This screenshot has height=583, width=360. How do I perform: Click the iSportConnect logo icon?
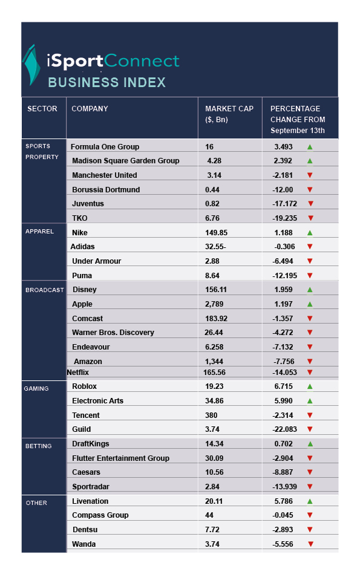click(31, 65)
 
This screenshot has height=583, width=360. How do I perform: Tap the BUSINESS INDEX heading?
click(107, 82)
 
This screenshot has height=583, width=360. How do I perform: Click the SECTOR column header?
click(42, 109)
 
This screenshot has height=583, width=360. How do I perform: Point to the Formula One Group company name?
click(105, 147)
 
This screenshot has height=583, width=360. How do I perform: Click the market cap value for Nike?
click(216, 233)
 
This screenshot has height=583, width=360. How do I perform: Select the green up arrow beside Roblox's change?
click(310, 386)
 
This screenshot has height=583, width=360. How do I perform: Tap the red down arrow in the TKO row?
click(310, 218)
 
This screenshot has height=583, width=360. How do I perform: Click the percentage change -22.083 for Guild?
click(284, 429)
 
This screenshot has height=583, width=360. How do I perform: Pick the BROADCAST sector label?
click(45, 290)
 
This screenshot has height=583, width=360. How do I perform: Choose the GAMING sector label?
click(36, 388)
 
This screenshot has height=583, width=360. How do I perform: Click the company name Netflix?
click(77, 373)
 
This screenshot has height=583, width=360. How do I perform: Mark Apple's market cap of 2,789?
click(214, 304)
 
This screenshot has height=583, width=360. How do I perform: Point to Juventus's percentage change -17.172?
click(284, 204)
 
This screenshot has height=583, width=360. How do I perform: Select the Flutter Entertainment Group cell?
click(120, 458)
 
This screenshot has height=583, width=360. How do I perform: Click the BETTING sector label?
click(38, 446)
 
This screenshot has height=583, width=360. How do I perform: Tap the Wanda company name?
click(83, 544)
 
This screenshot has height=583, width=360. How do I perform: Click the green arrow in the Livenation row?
click(310, 501)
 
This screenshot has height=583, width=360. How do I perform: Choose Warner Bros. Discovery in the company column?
click(113, 333)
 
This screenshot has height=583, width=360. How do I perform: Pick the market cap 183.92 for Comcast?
click(216, 319)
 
